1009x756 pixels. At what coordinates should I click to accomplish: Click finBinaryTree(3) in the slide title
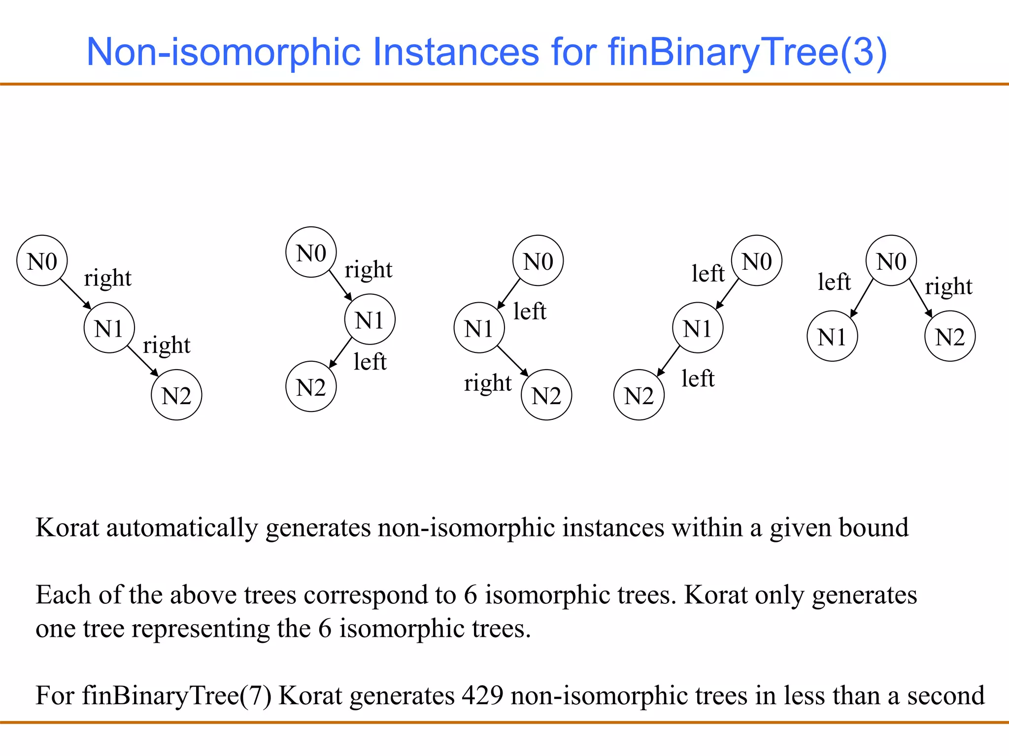[x=747, y=52]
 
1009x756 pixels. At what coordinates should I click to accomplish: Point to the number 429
[x=482, y=695]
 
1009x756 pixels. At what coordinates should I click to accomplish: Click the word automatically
[x=182, y=528]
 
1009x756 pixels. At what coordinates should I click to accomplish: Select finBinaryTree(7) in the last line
[x=176, y=695]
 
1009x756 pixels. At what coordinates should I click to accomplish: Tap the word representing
[x=201, y=629]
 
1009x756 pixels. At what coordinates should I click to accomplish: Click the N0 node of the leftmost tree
[x=42, y=261]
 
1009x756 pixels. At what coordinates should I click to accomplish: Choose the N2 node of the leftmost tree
[x=176, y=395]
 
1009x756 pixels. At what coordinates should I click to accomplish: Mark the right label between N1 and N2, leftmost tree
[x=167, y=345]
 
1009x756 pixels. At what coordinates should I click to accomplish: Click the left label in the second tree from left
[x=370, y=362]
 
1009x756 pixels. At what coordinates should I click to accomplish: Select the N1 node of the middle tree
[x=479, y=328]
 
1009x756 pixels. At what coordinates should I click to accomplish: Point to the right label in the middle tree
[x=488, y=383]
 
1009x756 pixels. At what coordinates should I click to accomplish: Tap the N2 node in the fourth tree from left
[x=639, y=395]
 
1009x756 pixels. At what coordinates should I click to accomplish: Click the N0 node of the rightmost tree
[x=891, y=261]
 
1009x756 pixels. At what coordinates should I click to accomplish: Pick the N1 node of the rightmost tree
[x=832, y=337]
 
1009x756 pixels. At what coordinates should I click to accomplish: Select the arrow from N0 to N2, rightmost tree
[x=920, y=298]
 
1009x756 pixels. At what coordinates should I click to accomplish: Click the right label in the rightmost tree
[x=948, y=286]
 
